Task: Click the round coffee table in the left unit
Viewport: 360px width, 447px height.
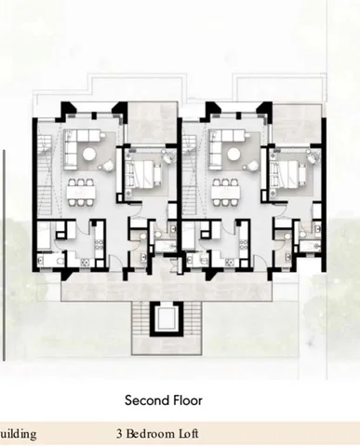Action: tap(89, 154)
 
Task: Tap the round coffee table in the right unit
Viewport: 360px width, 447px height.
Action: tap(233, 154)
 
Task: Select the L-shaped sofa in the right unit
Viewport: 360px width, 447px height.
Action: tap(222, 146)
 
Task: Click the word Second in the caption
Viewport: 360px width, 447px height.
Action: tap(143, 400)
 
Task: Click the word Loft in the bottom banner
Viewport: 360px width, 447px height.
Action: tap(187, 434)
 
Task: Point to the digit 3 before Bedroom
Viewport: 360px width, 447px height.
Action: tap(119, 434)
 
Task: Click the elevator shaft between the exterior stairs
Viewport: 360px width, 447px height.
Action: tap(165, 318)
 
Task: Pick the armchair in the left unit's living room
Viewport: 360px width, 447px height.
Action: tap(107, 165)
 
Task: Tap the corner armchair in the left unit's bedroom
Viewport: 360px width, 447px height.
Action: tap(167, 156)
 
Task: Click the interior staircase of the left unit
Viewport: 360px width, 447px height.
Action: tap(46, 174)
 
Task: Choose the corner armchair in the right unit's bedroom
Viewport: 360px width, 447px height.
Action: tap(313, 156)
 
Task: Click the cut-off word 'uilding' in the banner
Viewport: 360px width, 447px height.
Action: tap(19, 434)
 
